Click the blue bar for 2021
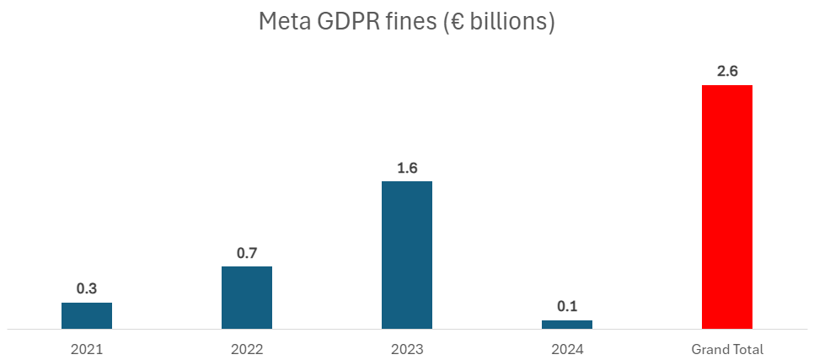tap(87, 315)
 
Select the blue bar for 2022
tap(247, 298)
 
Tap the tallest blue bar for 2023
tap(407, 255)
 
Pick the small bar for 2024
tap(567, 325)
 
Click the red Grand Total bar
tap(726, 207)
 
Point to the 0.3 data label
tap(87, 288)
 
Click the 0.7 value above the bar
tap(247, 252)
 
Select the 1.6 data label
tap(407, 168)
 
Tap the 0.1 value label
tap(567, 306)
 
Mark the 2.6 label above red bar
tap(726, 72)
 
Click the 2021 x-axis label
tap(87, 348)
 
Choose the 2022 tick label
tap(247, 348)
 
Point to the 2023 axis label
tap(407, 348)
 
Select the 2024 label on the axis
tap(567, 348)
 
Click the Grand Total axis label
tap(726, 348)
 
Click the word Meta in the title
tap(282, 22)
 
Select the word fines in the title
tap(405, 22)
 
